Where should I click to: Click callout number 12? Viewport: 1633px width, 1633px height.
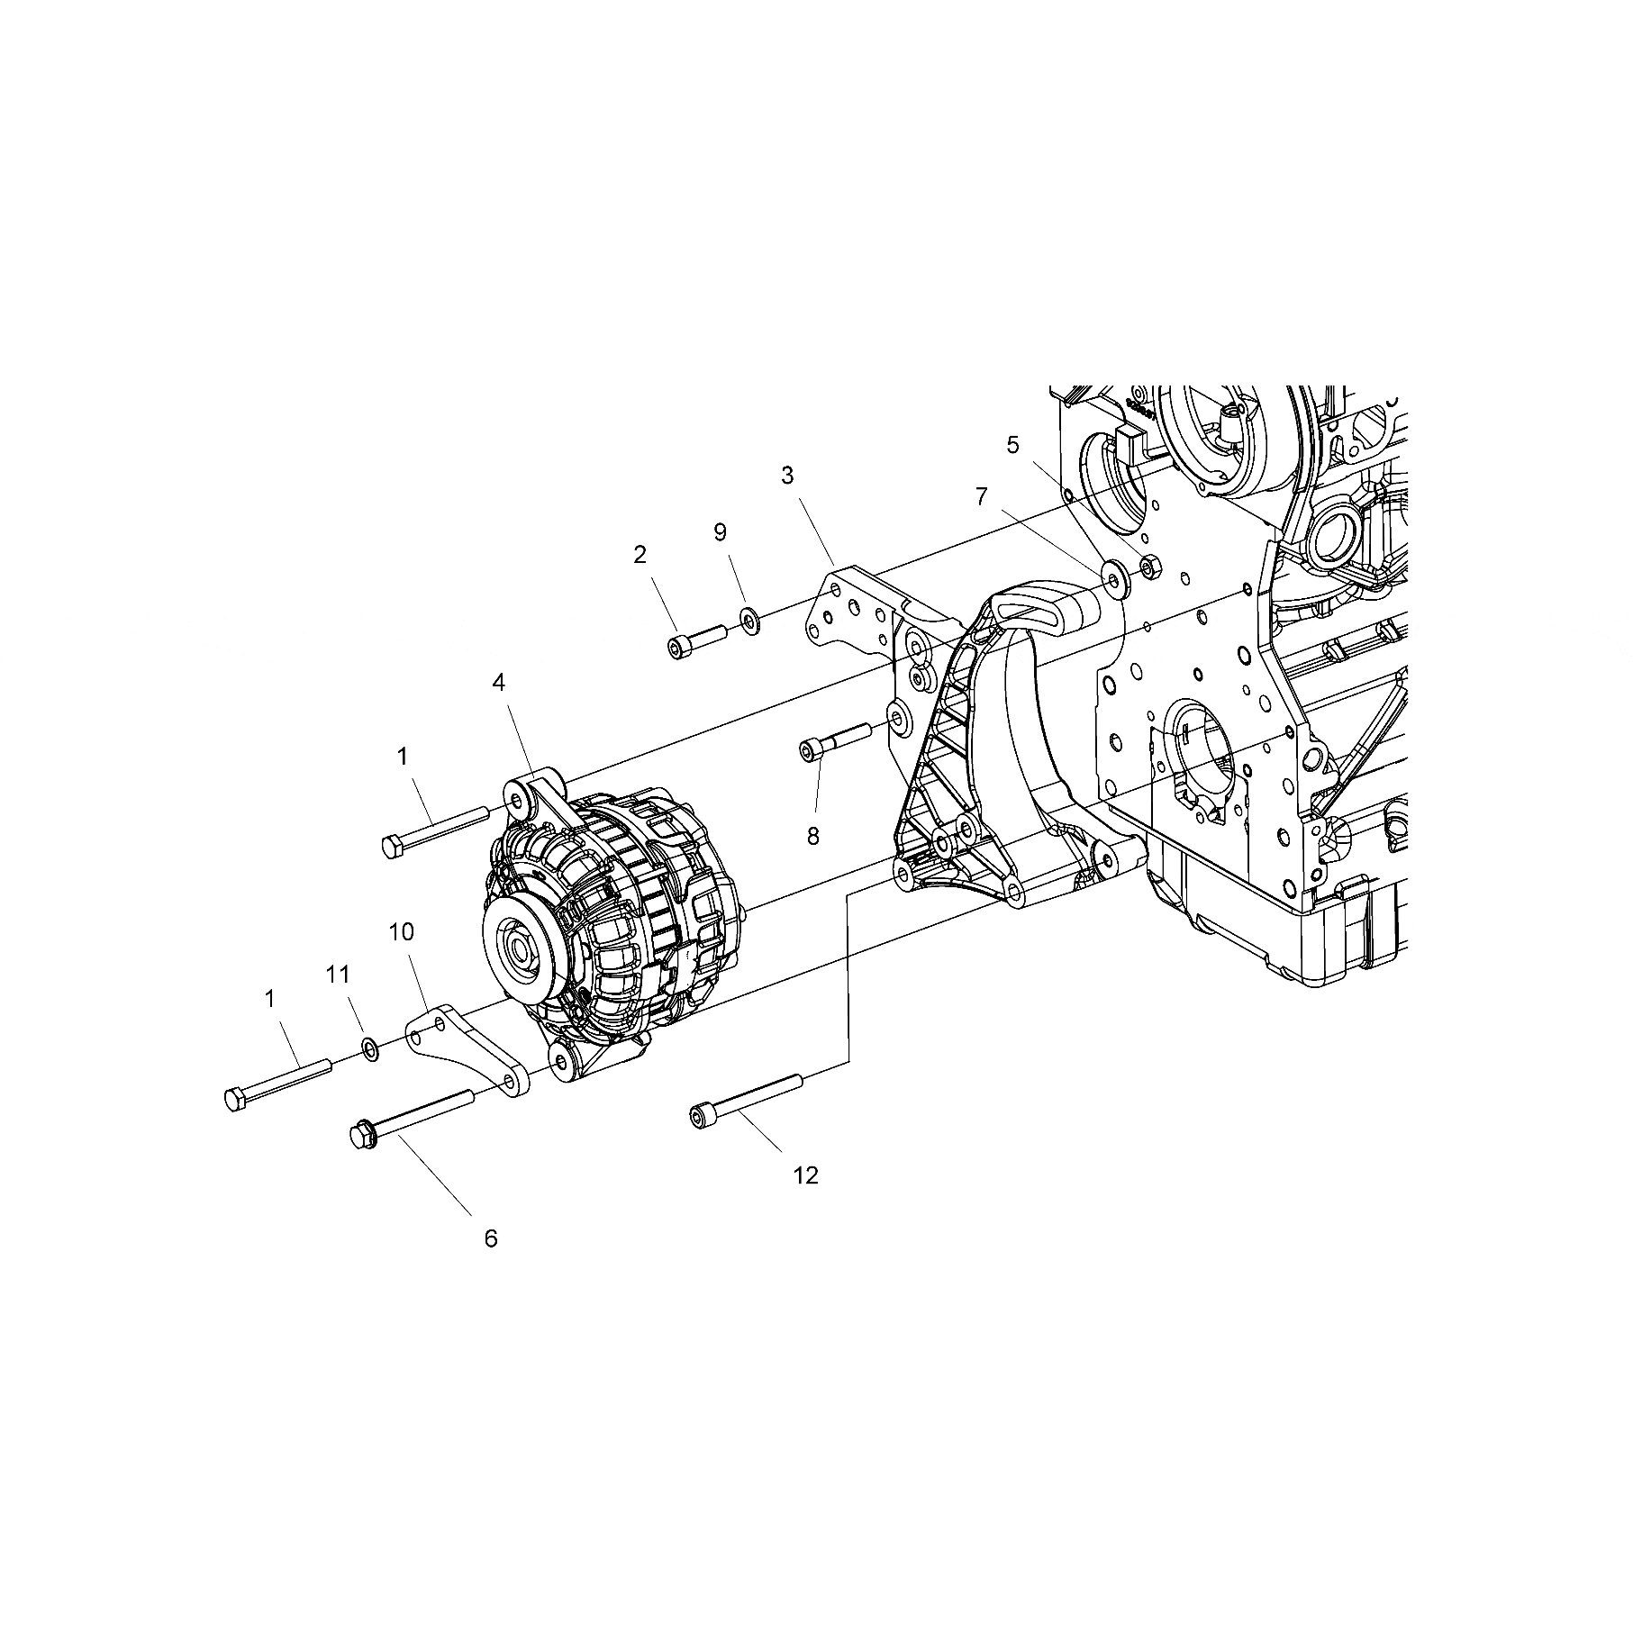pos(805,1175)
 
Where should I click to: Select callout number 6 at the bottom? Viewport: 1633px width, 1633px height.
pos(491,1238)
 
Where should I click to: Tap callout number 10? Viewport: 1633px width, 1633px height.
pos(401,930)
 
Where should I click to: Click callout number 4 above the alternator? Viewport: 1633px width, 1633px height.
pos(498,684)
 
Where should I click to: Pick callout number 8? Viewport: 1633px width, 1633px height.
pos(812,837)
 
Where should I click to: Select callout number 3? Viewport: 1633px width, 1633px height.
pos(787,475)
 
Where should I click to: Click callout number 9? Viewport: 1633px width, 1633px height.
pos(720,531)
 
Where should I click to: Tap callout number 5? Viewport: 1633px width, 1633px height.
pos(1012,444)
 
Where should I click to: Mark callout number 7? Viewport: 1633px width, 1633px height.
pos(981,495)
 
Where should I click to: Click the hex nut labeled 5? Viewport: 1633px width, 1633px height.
pos(1150,567)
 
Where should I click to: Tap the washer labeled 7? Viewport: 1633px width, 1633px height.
pos(1113,576)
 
